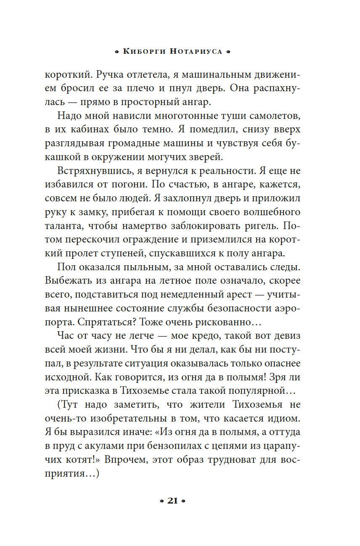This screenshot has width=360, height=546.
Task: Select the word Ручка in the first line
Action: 110,76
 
